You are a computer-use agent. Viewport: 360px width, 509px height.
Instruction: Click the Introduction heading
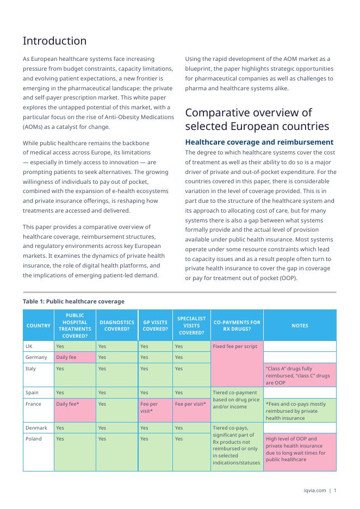[54, 41]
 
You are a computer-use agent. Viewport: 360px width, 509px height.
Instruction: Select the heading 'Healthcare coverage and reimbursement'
[259, 142]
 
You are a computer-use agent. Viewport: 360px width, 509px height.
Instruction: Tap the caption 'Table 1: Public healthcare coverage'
[73, 301]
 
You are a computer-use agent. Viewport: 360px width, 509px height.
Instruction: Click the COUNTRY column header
[39, 326]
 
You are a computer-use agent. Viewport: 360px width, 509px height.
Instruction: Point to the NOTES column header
[300, 326]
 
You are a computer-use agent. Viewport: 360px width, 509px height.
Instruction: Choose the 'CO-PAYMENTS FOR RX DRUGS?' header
[237, 326]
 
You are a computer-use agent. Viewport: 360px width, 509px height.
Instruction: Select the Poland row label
[34, 439]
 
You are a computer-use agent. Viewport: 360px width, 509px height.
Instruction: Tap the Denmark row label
[36, 428]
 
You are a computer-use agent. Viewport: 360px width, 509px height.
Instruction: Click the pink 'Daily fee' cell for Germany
[66, 357]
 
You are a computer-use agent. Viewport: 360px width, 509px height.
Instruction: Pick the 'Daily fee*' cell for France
[68, 404]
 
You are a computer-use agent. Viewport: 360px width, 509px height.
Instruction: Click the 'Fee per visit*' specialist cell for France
[190, 404]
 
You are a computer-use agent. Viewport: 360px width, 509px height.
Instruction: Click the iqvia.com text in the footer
[315, 491]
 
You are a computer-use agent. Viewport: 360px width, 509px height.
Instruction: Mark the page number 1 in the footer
[335, 491]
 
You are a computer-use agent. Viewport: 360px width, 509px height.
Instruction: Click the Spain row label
[32, 392]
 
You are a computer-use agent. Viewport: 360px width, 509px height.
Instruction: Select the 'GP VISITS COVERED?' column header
[155, 326]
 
